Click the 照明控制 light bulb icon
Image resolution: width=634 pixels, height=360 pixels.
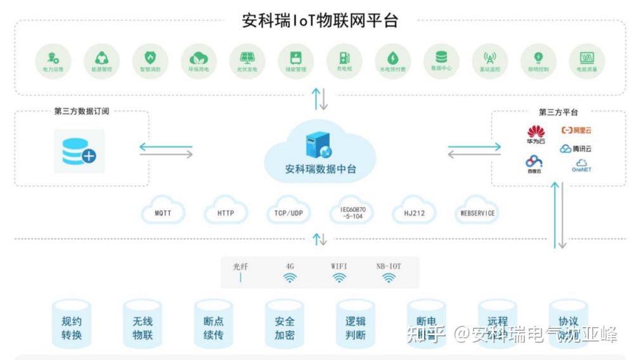[538, 56]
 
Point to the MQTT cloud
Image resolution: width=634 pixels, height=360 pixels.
[163, 213]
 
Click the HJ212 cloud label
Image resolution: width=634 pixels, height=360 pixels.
[414, 213]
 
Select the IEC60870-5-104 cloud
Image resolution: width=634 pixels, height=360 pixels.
[353, 213]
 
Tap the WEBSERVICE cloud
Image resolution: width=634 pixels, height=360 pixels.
[477, 213]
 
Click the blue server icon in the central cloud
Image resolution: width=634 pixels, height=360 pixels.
[319, 146]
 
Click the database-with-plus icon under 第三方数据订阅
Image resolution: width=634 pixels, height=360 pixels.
[79, 151]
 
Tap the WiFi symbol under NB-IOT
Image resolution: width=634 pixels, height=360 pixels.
[389, 278]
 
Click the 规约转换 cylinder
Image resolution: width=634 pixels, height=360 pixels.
[72, 328]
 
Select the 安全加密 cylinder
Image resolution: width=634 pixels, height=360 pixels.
[285, 328]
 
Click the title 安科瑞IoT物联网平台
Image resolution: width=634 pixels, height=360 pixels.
[320, 20]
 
